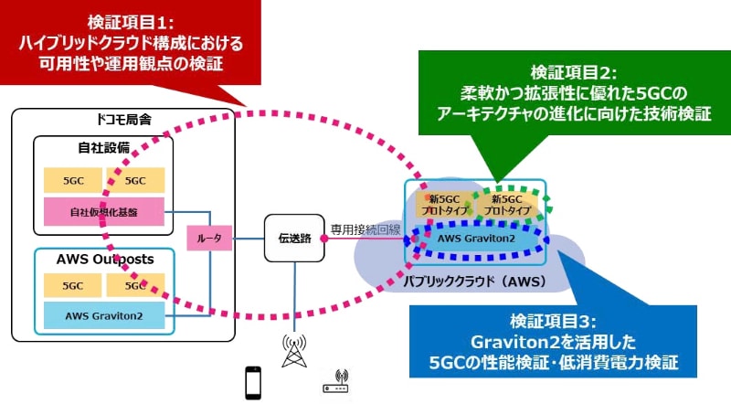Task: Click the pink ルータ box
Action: point(201,239)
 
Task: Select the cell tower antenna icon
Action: point(294,352)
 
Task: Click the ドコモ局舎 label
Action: point(122,120)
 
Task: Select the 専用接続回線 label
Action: point(366,229)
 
